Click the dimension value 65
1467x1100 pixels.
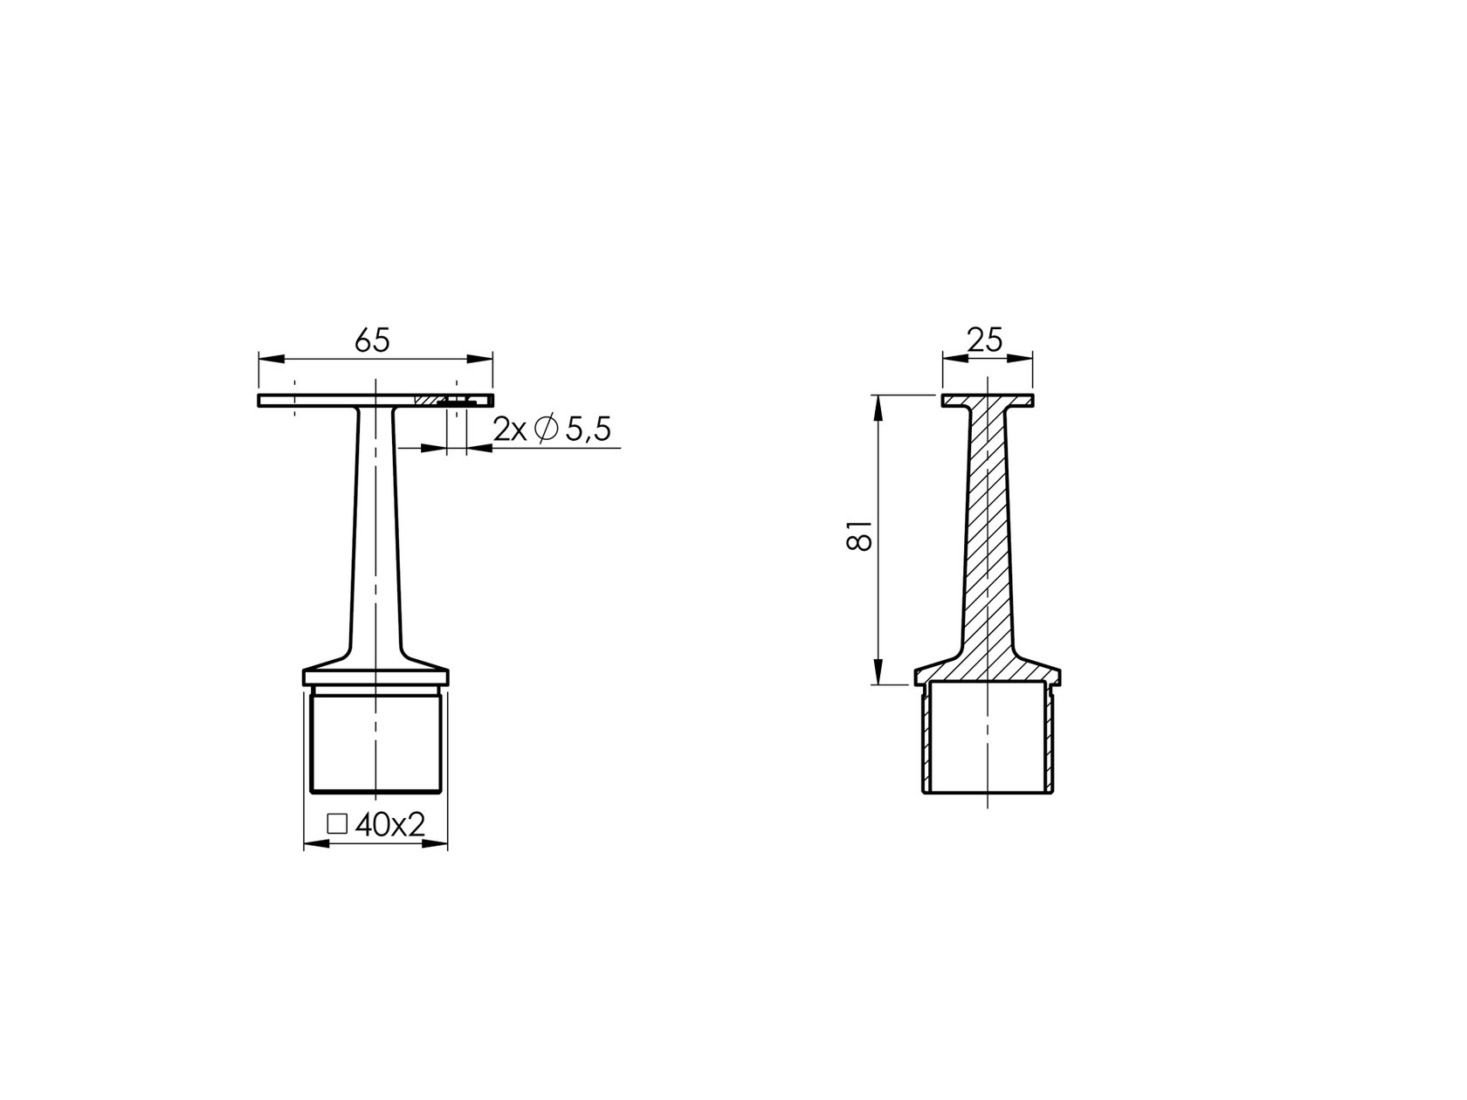(x=372, y=340)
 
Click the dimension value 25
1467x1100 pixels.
(x=986, y=339)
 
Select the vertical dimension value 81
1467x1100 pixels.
(x=860, y=534)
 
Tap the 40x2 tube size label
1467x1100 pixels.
(x=389, y=824)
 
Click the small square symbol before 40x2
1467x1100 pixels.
(x=337, y=824)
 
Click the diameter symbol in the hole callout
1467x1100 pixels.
(x=546, y=430)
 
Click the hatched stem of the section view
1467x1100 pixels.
(x=987, y=541)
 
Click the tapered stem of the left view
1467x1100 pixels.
(x=375, y=541)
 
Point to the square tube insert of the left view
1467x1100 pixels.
(x=375, y=742)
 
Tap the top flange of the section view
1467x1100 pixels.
(x=987, y=401)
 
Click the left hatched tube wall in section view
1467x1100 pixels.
(x=926, y=742)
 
